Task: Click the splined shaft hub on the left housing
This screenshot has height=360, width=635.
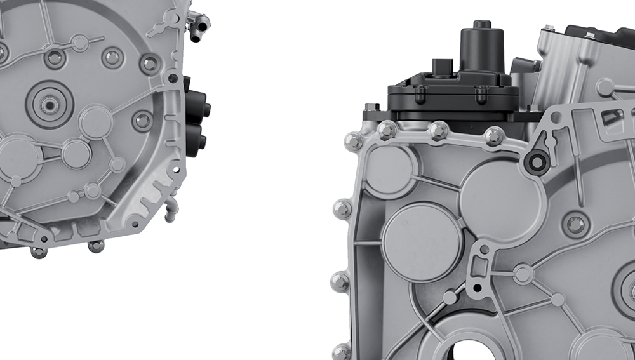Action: pos(49,103)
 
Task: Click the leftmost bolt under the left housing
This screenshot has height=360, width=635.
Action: pos(38,251)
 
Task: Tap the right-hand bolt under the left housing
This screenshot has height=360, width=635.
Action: pos(96,246)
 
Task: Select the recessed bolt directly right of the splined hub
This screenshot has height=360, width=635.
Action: pos(142,120)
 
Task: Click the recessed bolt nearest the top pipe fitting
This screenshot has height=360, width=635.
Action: pos(150,63)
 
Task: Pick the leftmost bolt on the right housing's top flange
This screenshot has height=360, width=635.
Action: pos(354,141)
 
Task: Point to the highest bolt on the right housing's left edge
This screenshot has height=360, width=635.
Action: pos(342,208)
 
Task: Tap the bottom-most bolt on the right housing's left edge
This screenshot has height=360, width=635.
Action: pos(342,351)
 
